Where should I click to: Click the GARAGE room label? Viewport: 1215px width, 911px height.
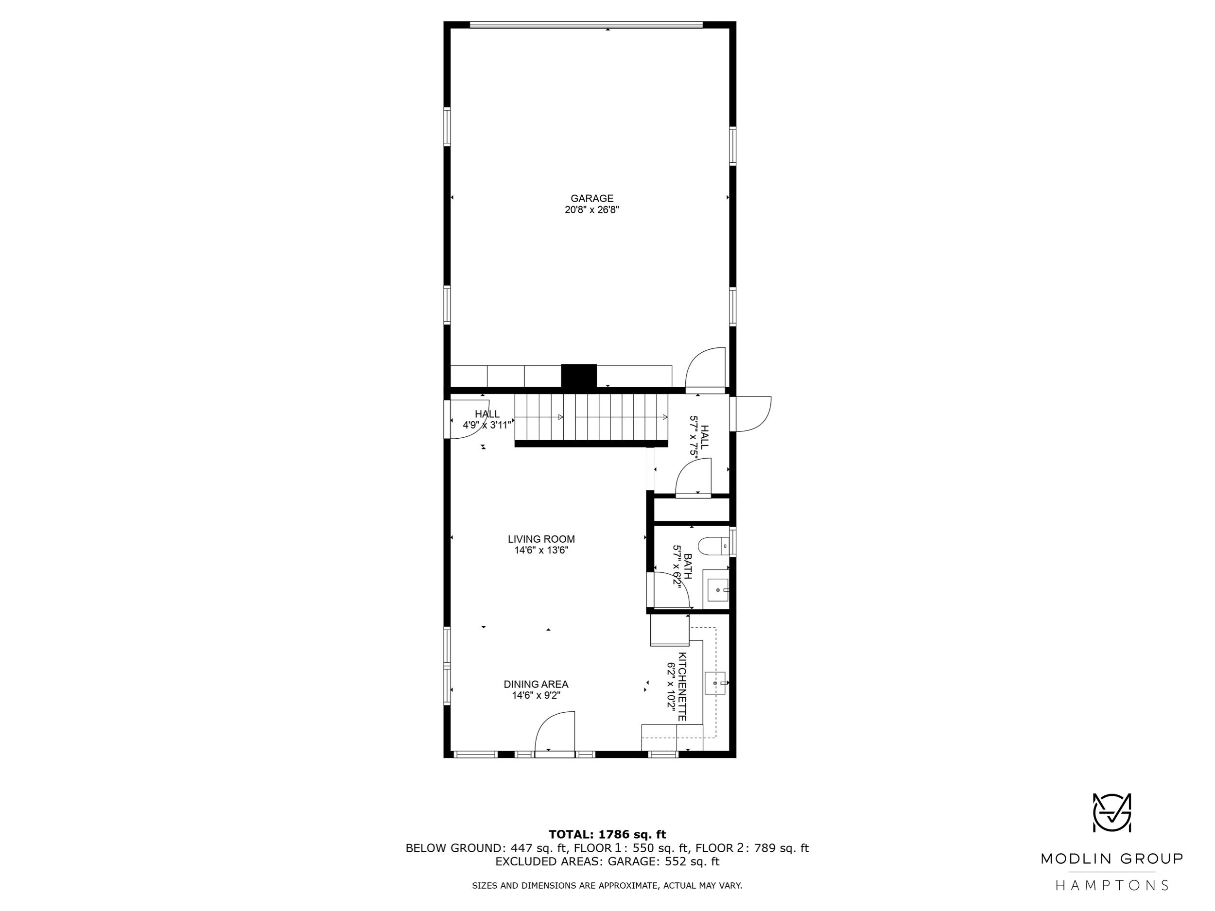tap(591, 198)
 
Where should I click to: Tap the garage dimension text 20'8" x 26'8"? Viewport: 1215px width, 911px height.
tap(591, 210)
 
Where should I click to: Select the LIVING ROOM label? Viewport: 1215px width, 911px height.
tap(541, 539)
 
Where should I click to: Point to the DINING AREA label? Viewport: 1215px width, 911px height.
tap(536, 684)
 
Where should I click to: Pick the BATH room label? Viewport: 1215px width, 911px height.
tap(687, 566)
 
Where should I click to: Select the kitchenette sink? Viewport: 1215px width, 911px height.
tap(715, 683)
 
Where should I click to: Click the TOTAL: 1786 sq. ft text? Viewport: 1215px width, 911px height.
tap(607, 835)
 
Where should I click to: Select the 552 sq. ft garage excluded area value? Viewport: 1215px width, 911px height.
tap(692, 861)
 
